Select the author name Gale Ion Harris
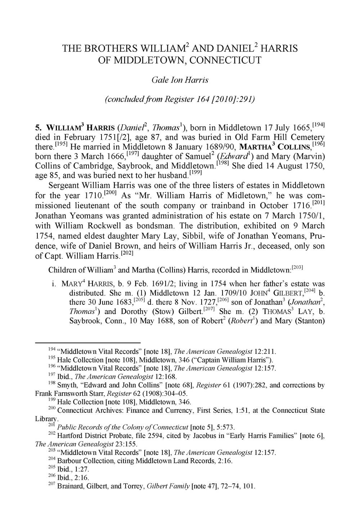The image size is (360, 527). (x=180, y=80)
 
